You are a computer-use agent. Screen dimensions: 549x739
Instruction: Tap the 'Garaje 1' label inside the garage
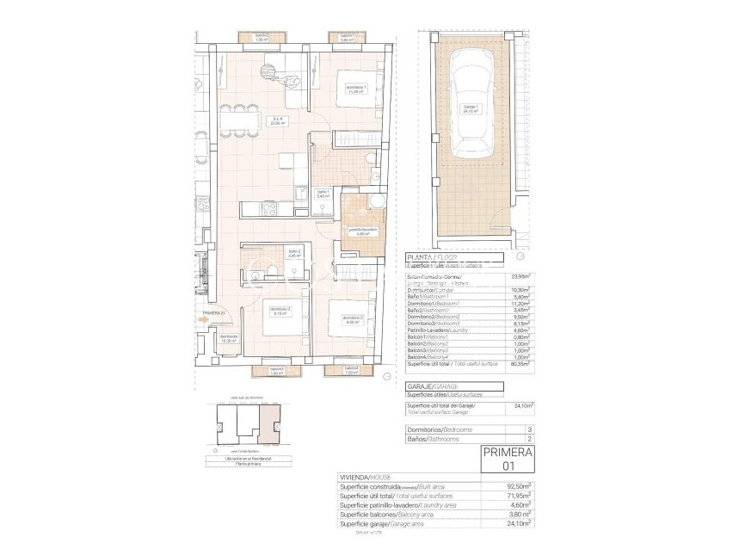[x=471, y=108]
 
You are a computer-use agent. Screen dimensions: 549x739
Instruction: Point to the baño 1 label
[x=323, y=194]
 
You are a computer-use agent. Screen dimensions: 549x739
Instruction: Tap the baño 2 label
[x=294, y=254]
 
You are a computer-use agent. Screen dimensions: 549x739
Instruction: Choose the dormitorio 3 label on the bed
[x=279, y=311]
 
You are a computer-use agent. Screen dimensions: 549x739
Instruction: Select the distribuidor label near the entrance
[x=228, y=338]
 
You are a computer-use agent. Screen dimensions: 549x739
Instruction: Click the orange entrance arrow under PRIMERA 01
[x=203, y=319]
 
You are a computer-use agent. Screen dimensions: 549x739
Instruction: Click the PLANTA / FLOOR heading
[x=433, y=257]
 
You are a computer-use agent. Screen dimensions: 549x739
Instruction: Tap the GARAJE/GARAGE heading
[x=433, y=387]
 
